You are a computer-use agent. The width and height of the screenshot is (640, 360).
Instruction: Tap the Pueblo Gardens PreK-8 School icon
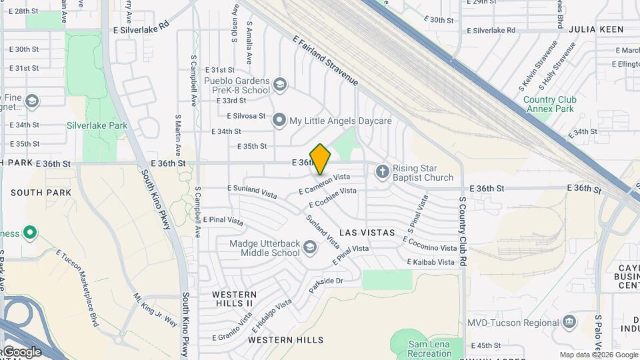click(280, 84)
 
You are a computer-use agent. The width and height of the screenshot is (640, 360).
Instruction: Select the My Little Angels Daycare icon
click(279, 121)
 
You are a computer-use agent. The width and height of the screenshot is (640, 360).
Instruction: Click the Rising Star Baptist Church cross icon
click(382, 172)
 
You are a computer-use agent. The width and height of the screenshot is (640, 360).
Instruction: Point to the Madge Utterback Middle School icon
click(310, 248)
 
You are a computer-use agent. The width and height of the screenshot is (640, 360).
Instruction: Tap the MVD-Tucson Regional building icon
click(569, 323)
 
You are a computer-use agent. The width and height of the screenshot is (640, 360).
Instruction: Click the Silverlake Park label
click(97, 125)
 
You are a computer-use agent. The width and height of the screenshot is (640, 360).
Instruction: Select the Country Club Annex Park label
click(549, 104)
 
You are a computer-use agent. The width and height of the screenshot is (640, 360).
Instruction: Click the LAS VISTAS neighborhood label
click(367, 233)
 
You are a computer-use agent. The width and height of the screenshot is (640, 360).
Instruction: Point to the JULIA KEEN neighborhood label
click(596, 29)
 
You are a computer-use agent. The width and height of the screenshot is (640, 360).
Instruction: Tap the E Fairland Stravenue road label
click(325, 61)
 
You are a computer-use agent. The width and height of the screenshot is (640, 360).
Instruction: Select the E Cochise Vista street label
click(333, 197)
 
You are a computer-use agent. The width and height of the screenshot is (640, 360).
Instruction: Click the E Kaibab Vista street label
click(433, 262)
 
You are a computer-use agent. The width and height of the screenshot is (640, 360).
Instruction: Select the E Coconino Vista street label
click(429, 243)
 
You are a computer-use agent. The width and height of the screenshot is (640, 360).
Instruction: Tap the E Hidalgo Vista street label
click(271, 315)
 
